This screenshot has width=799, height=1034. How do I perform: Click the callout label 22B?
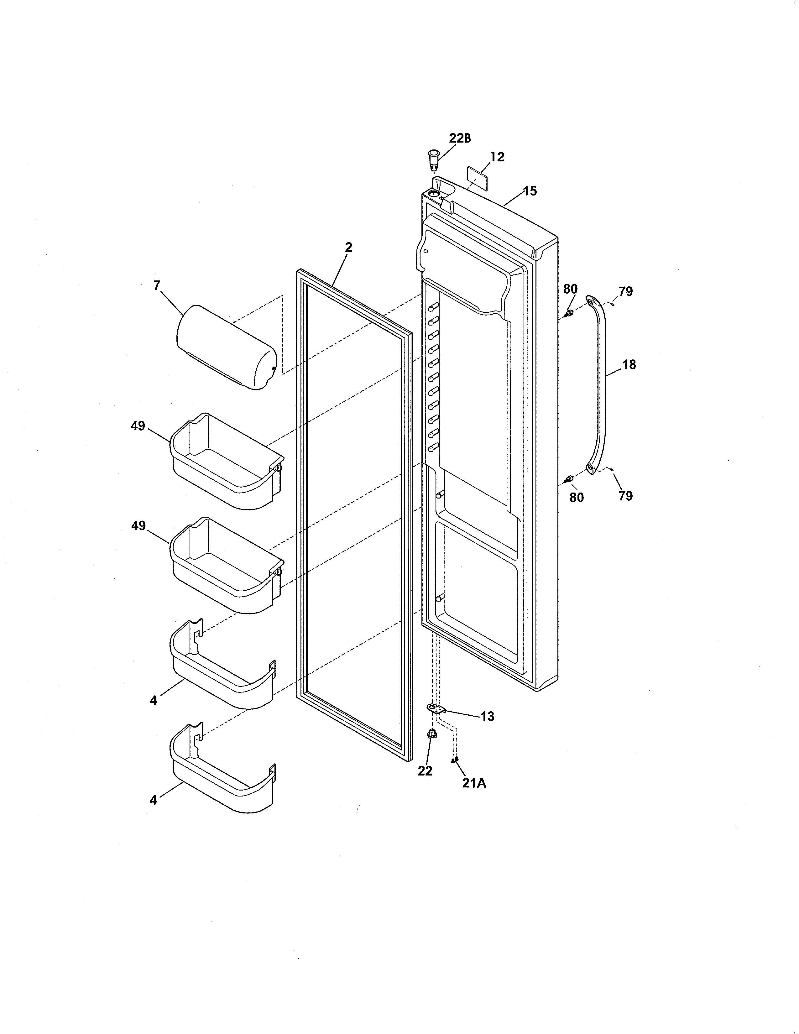(460, 138)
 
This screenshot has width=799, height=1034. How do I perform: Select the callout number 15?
(530, 191)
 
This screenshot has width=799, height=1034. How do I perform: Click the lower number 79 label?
(625, 496)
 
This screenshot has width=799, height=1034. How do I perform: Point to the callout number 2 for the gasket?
(348, 248)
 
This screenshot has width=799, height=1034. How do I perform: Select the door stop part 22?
(432, 747)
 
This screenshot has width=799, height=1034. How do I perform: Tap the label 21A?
(474, 783)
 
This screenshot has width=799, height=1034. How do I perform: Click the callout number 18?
(629, 364)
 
